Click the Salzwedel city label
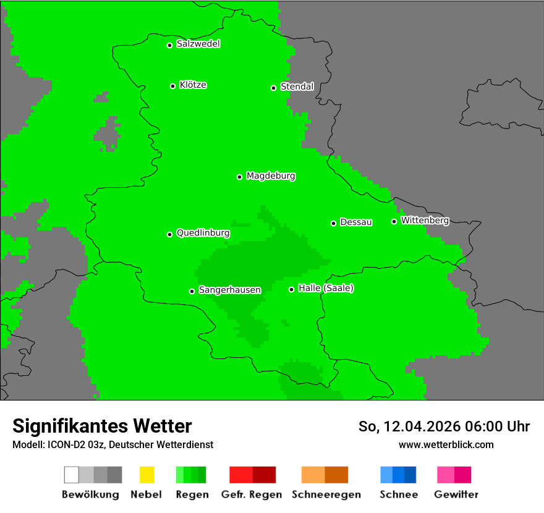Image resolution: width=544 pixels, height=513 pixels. click(x=198, y=44)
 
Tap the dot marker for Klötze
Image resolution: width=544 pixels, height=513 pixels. click(x=172, y=86)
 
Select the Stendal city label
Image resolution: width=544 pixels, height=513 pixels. click(x=297, y=87)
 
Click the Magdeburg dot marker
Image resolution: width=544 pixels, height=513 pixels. click(x=239, y=177)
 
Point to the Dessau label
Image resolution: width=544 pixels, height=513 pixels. click(x=356, y=222)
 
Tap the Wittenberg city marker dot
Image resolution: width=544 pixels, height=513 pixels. click(x=394, y=221)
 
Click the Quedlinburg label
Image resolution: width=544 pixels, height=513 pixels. click(x=203, y=233)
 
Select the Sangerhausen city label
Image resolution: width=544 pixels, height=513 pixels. click(x=229, y=290)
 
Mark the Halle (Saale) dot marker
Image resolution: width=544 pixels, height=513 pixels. click(x=291, y=289)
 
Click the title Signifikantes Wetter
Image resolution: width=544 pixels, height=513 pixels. click(x=102, y=426)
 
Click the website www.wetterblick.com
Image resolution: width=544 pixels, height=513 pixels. click(x=446, y=444)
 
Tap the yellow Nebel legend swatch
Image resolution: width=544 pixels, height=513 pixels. click(x=147, y=475)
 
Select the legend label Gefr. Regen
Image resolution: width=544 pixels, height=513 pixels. click(x=251, y=494)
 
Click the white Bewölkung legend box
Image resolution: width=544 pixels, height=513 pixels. click(x=71, y=475)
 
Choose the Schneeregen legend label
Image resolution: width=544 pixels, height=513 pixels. click(x=326, y=494)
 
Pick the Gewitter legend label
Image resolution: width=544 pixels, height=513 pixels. click(x=456, y=494)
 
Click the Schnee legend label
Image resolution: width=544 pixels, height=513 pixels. click(x=398, y=494)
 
